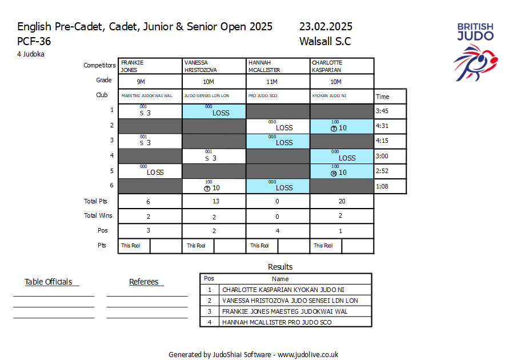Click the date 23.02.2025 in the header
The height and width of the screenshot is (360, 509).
pos(326,27)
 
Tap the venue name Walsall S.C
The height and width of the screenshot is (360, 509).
pos(324,41)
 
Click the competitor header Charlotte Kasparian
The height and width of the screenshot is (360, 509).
pos(327,66)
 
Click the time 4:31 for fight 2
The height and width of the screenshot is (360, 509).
pos(382,126)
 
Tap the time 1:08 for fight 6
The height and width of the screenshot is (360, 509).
pos(382,186)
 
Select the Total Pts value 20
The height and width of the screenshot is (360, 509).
pos(342,201)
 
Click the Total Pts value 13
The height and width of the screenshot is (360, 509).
pos(214,201)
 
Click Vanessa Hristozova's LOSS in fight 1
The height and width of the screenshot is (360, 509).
pos(221,113)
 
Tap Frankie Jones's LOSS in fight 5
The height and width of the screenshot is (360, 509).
pos(155,172)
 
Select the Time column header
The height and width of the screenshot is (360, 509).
pos(383,97)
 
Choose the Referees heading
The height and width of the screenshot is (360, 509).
pos(144,282)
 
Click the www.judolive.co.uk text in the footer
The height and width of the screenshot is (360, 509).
pos(308,354)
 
